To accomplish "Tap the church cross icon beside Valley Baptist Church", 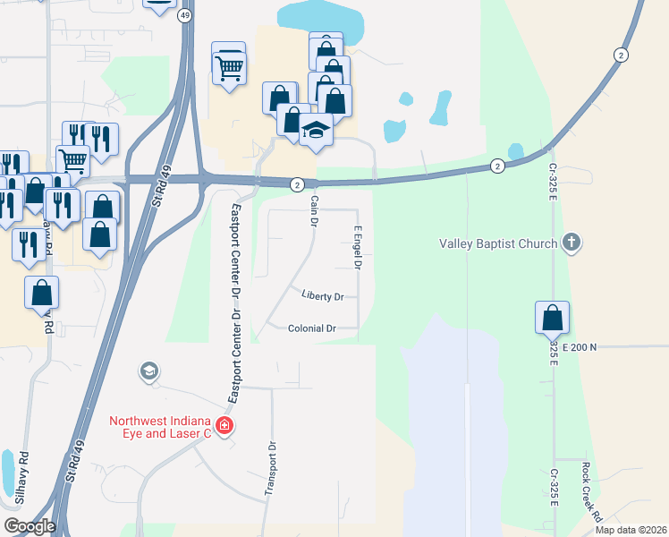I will click(572, 243).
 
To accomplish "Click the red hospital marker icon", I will click(224, 425).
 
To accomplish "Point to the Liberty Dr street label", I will click(323, 295).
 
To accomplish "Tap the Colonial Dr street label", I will click(311, 328).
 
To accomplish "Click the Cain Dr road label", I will click(314, 213).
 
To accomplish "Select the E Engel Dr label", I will click(357, 248).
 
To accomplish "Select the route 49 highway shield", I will click(185, 15).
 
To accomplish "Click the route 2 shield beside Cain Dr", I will click(296, 183).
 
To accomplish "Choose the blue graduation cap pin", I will click(315, 131).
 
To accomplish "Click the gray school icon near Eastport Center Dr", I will click(149, 371).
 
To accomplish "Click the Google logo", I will click(29, 526).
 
